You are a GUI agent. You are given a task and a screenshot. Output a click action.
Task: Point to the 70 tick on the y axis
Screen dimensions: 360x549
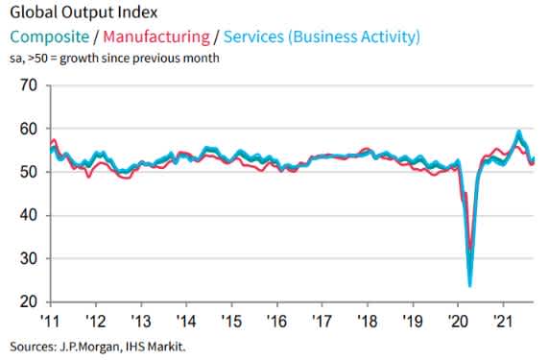coord(29,85)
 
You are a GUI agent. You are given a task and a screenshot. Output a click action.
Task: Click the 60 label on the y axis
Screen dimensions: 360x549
coord(29,129)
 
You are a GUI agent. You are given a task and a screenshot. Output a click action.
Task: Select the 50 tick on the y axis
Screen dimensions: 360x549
coord(29,172)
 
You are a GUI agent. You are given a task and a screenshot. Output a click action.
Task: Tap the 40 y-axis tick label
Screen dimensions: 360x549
coord(29,215)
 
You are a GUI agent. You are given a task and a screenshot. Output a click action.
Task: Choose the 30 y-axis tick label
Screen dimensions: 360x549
coord(29,258)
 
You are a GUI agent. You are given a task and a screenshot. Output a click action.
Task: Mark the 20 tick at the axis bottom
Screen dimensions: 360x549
coord(29,301)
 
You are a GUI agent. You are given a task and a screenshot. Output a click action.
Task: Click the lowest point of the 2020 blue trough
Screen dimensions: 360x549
coord(470,284)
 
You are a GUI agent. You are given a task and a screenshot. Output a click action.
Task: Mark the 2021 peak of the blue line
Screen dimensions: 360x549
coord(518,132)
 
